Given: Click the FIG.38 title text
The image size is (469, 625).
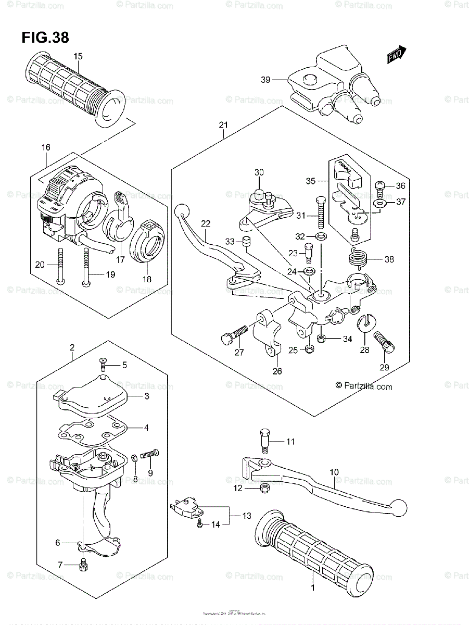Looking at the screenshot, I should tap(45, 37).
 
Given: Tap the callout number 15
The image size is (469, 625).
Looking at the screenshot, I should tap(78, 56).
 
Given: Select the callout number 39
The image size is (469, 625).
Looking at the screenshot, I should tap(265, 80).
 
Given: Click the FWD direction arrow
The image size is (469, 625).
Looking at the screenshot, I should tap(396, 55).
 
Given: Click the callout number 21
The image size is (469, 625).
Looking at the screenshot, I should tap(224, 125).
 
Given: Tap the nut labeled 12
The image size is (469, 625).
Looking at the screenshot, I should tap(264, 488).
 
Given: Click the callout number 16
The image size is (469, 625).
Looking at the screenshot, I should tap(46, 148).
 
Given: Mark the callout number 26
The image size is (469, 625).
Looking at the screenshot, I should tap(276, 371).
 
